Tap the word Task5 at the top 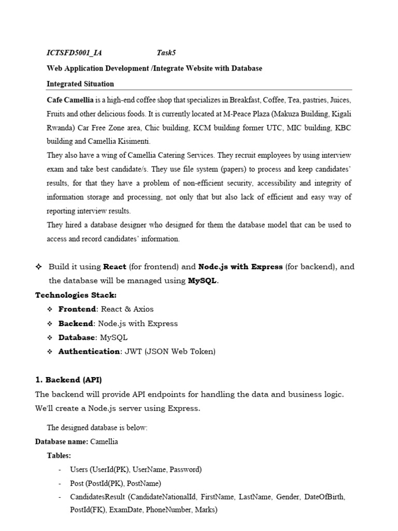[x=167, y=53]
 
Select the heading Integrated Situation [x=80, y=83]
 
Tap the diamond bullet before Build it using [x=38, y=267]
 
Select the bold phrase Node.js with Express [x=240, y=267]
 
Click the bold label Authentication [x=89, y=351]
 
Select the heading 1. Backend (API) [x=72, y=380]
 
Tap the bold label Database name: [x=61, y=442]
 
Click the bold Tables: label [x=59, y=455]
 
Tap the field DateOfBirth [x=324, y=497]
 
